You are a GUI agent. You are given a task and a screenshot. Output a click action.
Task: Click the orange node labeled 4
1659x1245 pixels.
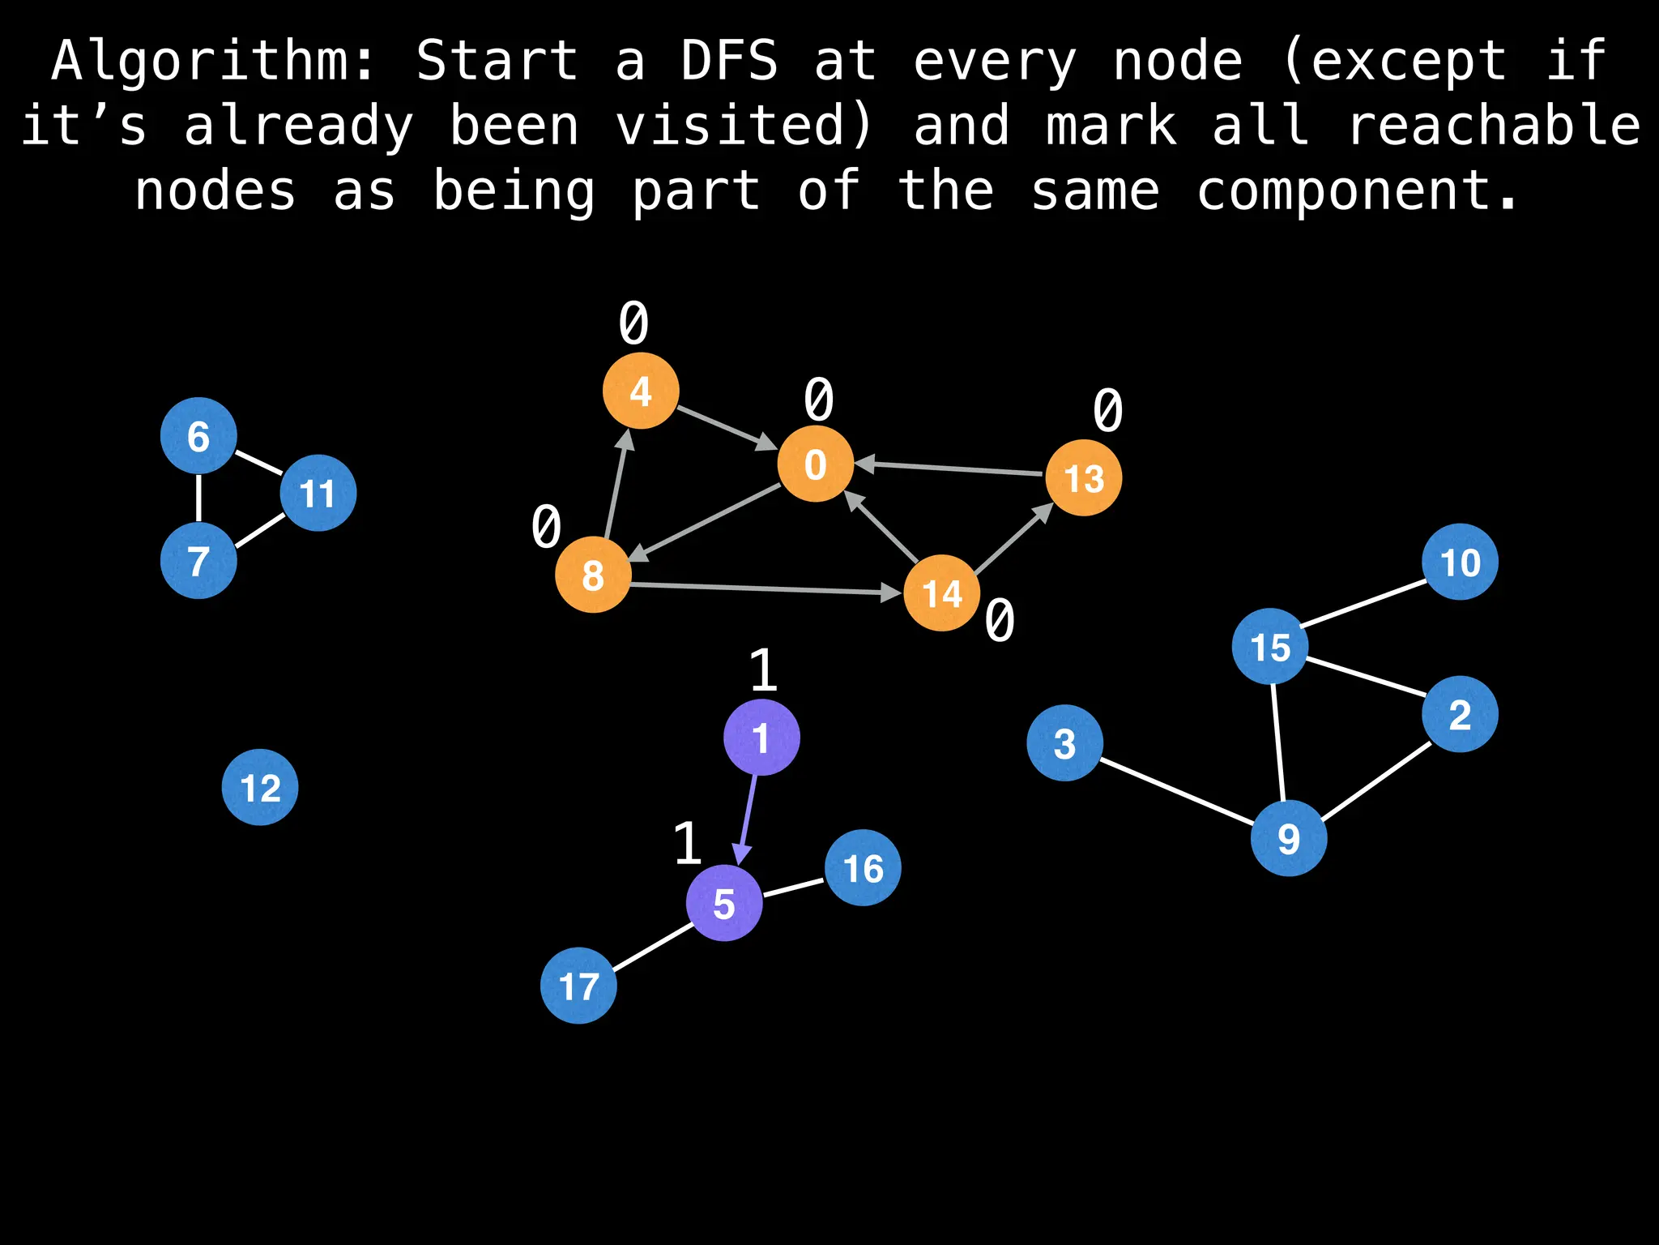click(x=641, y=391)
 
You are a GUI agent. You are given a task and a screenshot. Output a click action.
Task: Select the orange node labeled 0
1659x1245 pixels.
click(x=815, y=464)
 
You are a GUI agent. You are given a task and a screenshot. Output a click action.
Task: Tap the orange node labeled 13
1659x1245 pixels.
click(x=1083, y=477)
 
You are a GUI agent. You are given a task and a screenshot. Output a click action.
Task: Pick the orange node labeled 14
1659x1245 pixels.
click(x=941, y=593)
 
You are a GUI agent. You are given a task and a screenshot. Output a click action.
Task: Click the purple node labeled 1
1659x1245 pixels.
click(x=761, y=738)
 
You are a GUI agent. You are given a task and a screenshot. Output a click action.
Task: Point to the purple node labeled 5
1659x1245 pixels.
click(x=724, y=903)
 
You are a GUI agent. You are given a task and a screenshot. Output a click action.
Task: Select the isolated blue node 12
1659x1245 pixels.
click(x=260, y=787)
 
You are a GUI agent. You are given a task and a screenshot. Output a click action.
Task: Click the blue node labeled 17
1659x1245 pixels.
click(x=578, y=986)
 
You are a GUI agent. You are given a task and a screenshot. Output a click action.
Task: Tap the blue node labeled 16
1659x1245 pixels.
click(x=863, y=867)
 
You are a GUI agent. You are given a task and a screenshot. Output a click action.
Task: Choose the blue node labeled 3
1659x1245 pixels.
click(x=1064, y=742)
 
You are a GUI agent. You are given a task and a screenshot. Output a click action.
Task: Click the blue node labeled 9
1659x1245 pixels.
click(x=1288, y=837)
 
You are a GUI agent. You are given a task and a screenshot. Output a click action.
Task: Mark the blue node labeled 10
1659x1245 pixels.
click(x=1460, y=562)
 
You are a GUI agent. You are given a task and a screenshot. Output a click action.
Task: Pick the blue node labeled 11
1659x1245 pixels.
click(x=318, y=493)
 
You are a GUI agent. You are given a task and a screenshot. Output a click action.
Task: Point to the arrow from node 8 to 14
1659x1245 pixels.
click(x=766, y=588)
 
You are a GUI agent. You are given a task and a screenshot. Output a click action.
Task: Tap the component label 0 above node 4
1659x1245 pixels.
click(x=633, y=323)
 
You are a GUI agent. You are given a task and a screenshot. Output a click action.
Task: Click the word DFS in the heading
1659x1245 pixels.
click(x=728, y=61)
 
